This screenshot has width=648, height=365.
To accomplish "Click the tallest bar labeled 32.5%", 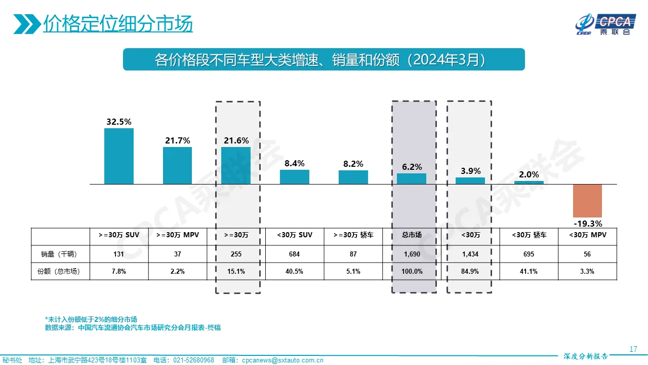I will [119, 156].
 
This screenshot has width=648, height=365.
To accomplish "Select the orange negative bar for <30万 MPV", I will [587, 201].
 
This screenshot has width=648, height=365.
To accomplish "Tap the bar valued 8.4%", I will [295, 177].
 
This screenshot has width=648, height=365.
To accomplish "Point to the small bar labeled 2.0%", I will [529, 182].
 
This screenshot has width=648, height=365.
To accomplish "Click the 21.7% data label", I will [177, 140].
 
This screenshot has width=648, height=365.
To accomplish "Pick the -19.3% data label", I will [587, 224].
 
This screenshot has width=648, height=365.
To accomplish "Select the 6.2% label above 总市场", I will [412, 167].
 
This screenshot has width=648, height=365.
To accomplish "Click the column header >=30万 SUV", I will [119, 235].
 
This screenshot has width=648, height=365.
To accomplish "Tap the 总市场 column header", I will [412, 235].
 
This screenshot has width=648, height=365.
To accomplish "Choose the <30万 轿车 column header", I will [529, 235].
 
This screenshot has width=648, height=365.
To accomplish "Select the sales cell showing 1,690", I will [412, 253].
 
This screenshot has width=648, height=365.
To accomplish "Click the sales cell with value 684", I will [295, 253].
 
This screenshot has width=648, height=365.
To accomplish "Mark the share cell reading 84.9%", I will [470, 271].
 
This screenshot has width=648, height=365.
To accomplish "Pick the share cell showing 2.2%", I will [177, 271].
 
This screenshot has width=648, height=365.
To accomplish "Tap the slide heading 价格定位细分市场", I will [117, 24].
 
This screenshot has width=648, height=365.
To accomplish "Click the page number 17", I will [633, 349].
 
